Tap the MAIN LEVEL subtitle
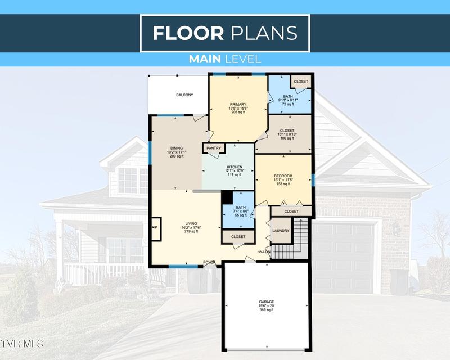coord(224,58)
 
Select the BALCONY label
coord(184,94)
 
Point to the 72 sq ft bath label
coord(288,100)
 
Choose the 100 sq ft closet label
coord(287,134)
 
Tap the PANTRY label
coord(214,148)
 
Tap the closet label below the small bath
coord(238,237)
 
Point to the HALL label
coord(260,251)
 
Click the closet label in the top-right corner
coord(301,82)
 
